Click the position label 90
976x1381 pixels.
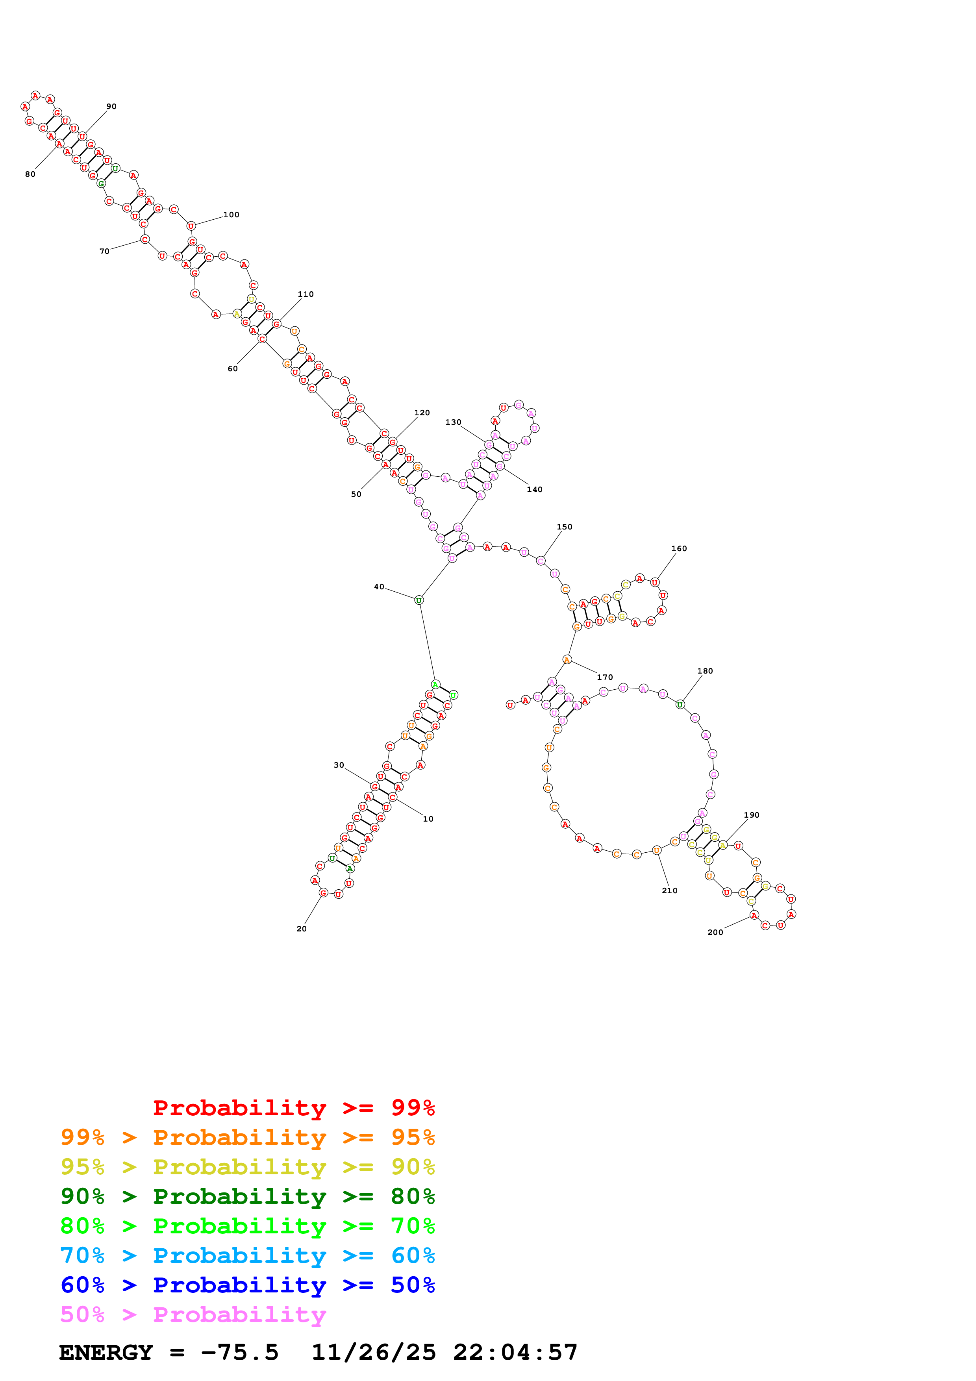tap(111, 106)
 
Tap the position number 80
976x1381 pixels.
tap(30, 174)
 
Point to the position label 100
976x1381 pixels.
tap(231, 215)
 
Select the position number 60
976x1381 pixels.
tap(233, 369)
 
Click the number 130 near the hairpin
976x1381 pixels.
tap(453, 422)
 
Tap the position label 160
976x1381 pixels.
tap(678, 548)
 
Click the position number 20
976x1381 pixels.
tap(301, 929)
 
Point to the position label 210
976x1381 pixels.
tap(669, 891)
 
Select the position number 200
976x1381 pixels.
tap(715, 932)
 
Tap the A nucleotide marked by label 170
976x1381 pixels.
tap(567, 660)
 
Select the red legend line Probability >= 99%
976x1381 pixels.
tap(293, 1107)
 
